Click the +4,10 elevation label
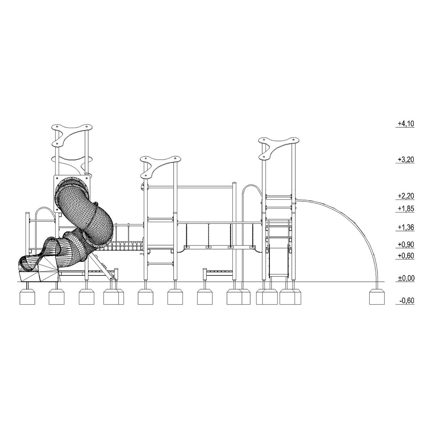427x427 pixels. click(x=406, y=123)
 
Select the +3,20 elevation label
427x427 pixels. click(x=406, y=159)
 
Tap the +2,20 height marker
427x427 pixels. click(x=406, y=196)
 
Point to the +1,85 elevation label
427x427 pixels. click(x=406, y=209)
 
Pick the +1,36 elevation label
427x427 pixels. click(x=406, y=227)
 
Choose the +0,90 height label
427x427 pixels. click(x=406, y=244)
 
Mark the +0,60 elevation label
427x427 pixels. click(x=406, y=256)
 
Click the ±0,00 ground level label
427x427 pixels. click(x=406, y=278)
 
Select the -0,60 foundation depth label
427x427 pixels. click(x=407, y=301)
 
